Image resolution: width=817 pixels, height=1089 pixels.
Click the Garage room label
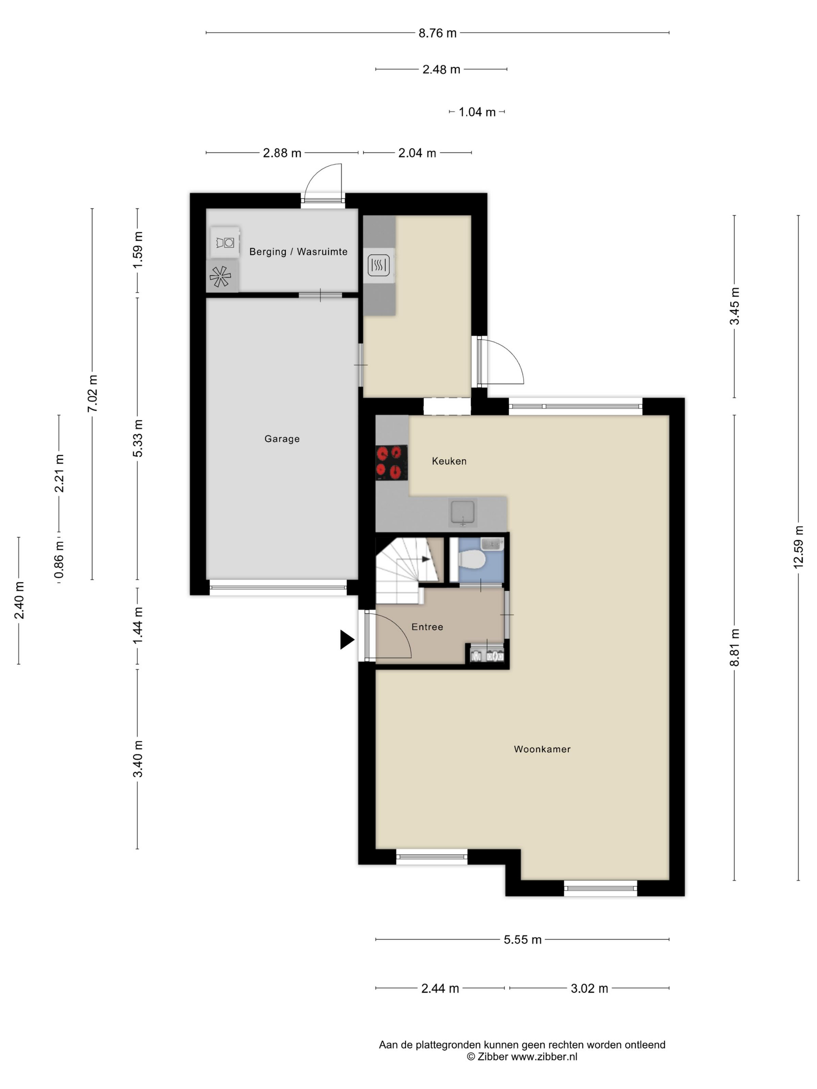click(282, 439)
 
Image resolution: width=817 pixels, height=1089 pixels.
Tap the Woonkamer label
click(542, 749)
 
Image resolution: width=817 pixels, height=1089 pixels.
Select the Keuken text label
click(449, 461)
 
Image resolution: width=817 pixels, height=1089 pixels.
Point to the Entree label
click(427, 627)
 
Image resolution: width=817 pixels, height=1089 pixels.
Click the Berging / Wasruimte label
click(298, 252)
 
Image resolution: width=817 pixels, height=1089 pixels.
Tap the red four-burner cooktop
click(391, 463)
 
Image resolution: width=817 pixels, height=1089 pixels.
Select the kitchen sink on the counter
click(463, 513)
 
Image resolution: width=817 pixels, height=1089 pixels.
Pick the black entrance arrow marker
click(347, 639)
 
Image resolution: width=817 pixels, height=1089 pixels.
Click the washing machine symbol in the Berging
click(224, 242)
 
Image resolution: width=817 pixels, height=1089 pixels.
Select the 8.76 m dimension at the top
click(437, 33)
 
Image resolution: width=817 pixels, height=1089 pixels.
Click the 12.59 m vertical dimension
click(798, 547)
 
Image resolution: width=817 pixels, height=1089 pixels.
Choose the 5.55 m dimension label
click(522, 939)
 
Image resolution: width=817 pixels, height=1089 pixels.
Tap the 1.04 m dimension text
click(477, 112)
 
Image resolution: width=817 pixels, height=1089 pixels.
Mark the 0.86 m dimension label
click(59, 560)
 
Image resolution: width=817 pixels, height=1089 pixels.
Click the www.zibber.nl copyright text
click(522, 1056)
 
